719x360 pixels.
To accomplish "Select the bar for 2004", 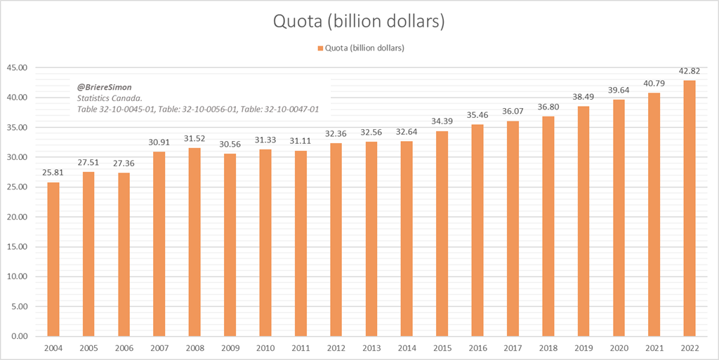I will (53, 259).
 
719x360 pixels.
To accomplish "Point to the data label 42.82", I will (690, 72).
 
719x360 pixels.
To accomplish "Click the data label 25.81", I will (53, 173).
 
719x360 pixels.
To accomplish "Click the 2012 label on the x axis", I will (336, 348).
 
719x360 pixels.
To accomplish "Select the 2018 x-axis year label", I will (548, 348).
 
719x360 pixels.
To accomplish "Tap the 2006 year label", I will (124, 348).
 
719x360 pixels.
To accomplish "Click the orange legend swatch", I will (320, 48).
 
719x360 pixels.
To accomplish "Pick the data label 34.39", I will (442, 122).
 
